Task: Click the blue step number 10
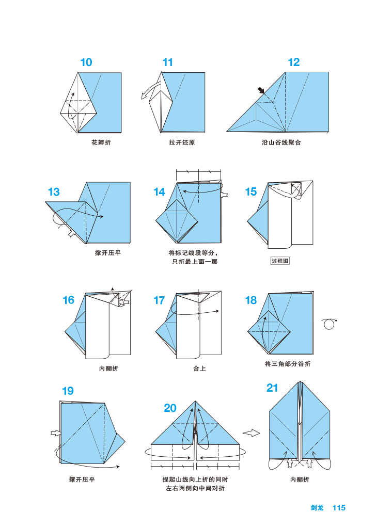(86, 62)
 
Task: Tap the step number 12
(293, 62)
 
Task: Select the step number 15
(250, 192)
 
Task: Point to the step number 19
(68, 391)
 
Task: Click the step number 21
(272, 388)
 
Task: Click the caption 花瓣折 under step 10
(101, 142)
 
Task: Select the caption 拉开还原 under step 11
(182, 142)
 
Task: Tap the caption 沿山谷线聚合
(281, 142)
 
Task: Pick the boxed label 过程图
(280, 261)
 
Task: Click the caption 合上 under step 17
(199, 369)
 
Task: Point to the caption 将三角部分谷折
(288, 364)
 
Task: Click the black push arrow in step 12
(261, 91)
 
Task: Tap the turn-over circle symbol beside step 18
(328, 324)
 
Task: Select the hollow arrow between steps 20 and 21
(251, 433)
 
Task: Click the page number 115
(339, 508)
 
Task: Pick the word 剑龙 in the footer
(317, 508)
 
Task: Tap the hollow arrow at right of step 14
(225, 195)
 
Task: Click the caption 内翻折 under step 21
(300, 479)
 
